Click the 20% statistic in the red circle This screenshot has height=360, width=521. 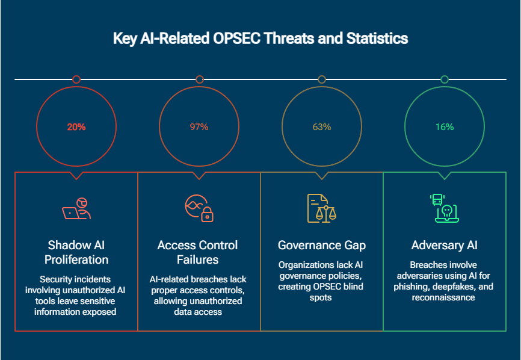click(76, 127)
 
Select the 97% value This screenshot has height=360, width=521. click(199, 127)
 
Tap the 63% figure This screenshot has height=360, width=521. click(322, 127)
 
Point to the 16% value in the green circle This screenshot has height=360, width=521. click(445, 127)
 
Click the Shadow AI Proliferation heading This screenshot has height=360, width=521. click(76, 252)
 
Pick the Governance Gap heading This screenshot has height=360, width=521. click(321, 245)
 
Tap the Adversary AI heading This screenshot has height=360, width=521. click(444, 245)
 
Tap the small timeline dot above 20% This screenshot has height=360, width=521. click(76, 79)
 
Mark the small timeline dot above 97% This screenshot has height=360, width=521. click(200, 79)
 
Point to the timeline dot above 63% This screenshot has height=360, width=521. click(322, 79)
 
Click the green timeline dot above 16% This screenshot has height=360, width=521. click(445, 79)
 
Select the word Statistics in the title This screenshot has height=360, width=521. click(377, 39)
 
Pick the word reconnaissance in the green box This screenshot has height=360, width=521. click(444, 297)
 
